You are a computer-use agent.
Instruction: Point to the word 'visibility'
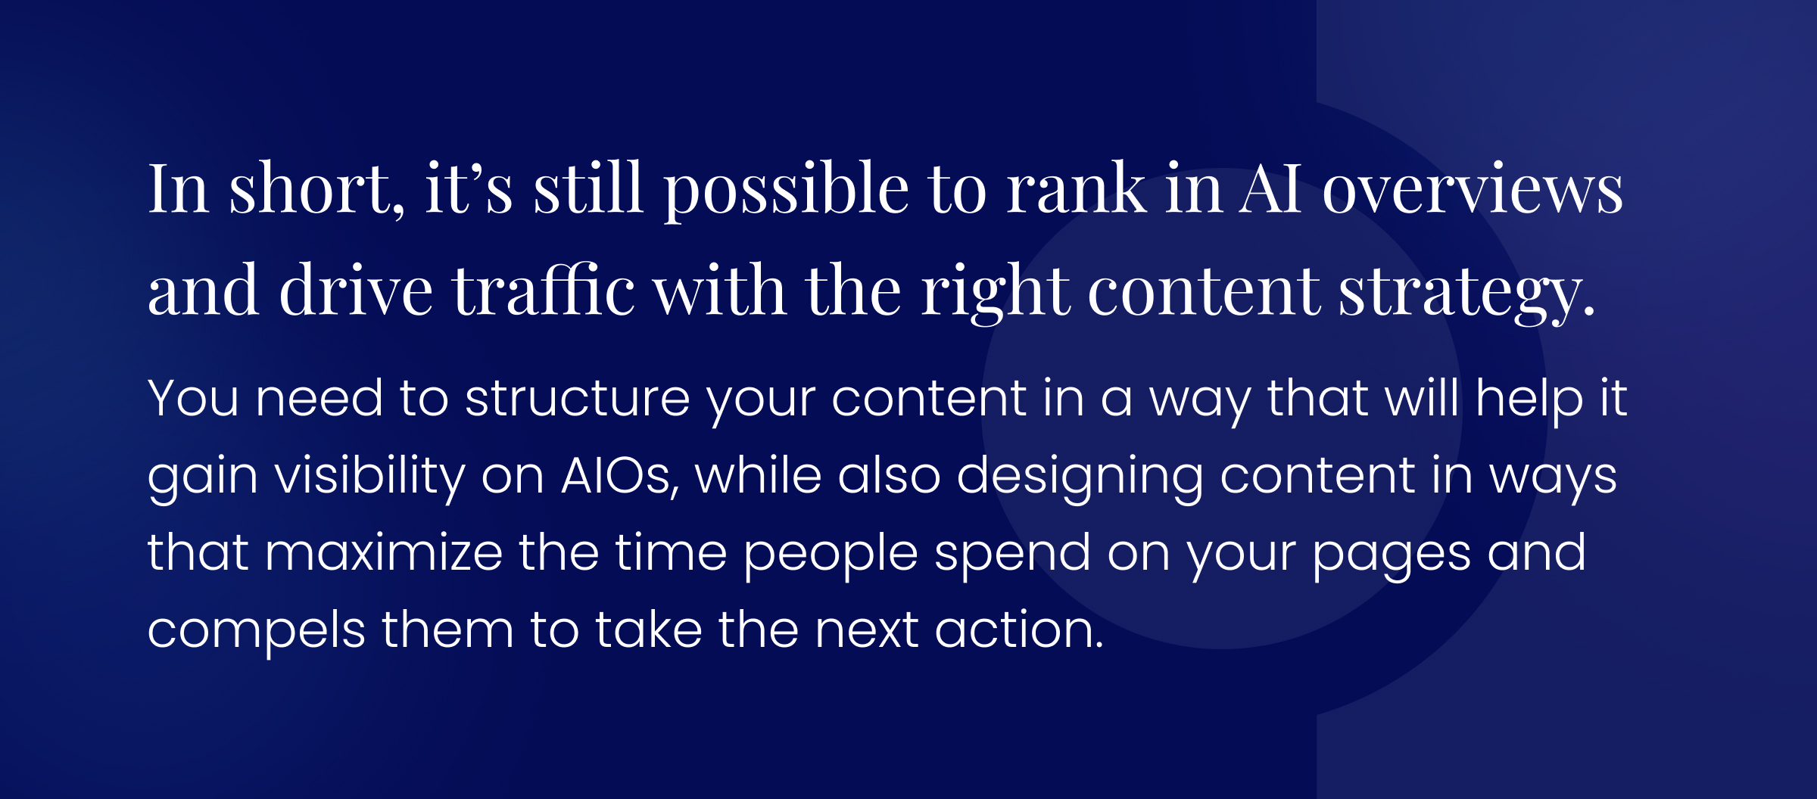click(x=369, y=477)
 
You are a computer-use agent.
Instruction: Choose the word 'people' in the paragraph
click(x=831, y=555)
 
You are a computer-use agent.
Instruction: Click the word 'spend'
click(x=1012, y=555)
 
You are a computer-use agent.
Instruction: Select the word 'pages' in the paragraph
click(x=1392, y=555)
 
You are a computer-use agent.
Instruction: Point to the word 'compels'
click(x=256, y=631)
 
